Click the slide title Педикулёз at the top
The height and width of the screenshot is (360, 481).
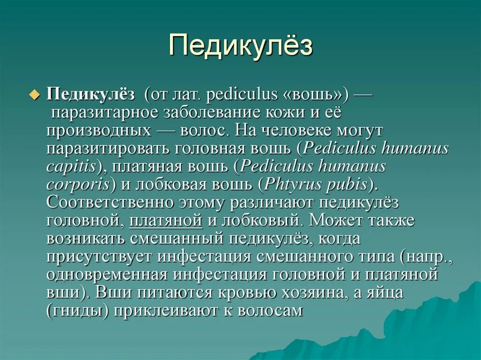pyautogui.click(x=240, y=46)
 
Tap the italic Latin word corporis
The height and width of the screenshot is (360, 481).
pyautogui.click(x=78, y=184)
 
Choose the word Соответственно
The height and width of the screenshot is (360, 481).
pyautogui.click(x=109, y=202)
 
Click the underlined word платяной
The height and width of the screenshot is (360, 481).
pyautogui.click(x=166, y=220)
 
